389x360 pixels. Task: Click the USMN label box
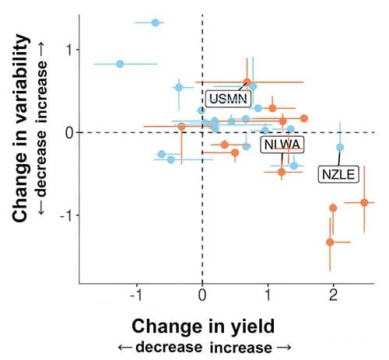pyautogui.click(x=228, y=99)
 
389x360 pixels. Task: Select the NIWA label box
pyautogui.click(x=282, y=145)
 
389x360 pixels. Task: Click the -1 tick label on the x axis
pyautogui.click(x=136, y=295)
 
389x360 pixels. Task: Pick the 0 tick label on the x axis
pyautogui.click(x=202, y=295)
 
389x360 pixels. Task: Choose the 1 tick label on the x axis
pyautogui.click(x=268, y=295)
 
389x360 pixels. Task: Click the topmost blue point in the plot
pyautogui.click(x=156, y=23)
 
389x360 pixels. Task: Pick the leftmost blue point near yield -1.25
pyautogui.click(x=120, y=64)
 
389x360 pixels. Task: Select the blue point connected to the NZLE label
pyautogui.click(x=339, y=147)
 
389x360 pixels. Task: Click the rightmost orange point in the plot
pyautogui.click(x=364, y=202)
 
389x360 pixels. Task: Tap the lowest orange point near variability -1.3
pyautogui.click(x=330, y=242)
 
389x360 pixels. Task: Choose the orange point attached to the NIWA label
pyautogui.click(x=282, y=172)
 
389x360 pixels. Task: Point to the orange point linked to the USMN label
pyautogui.click(x=247, y=82)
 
